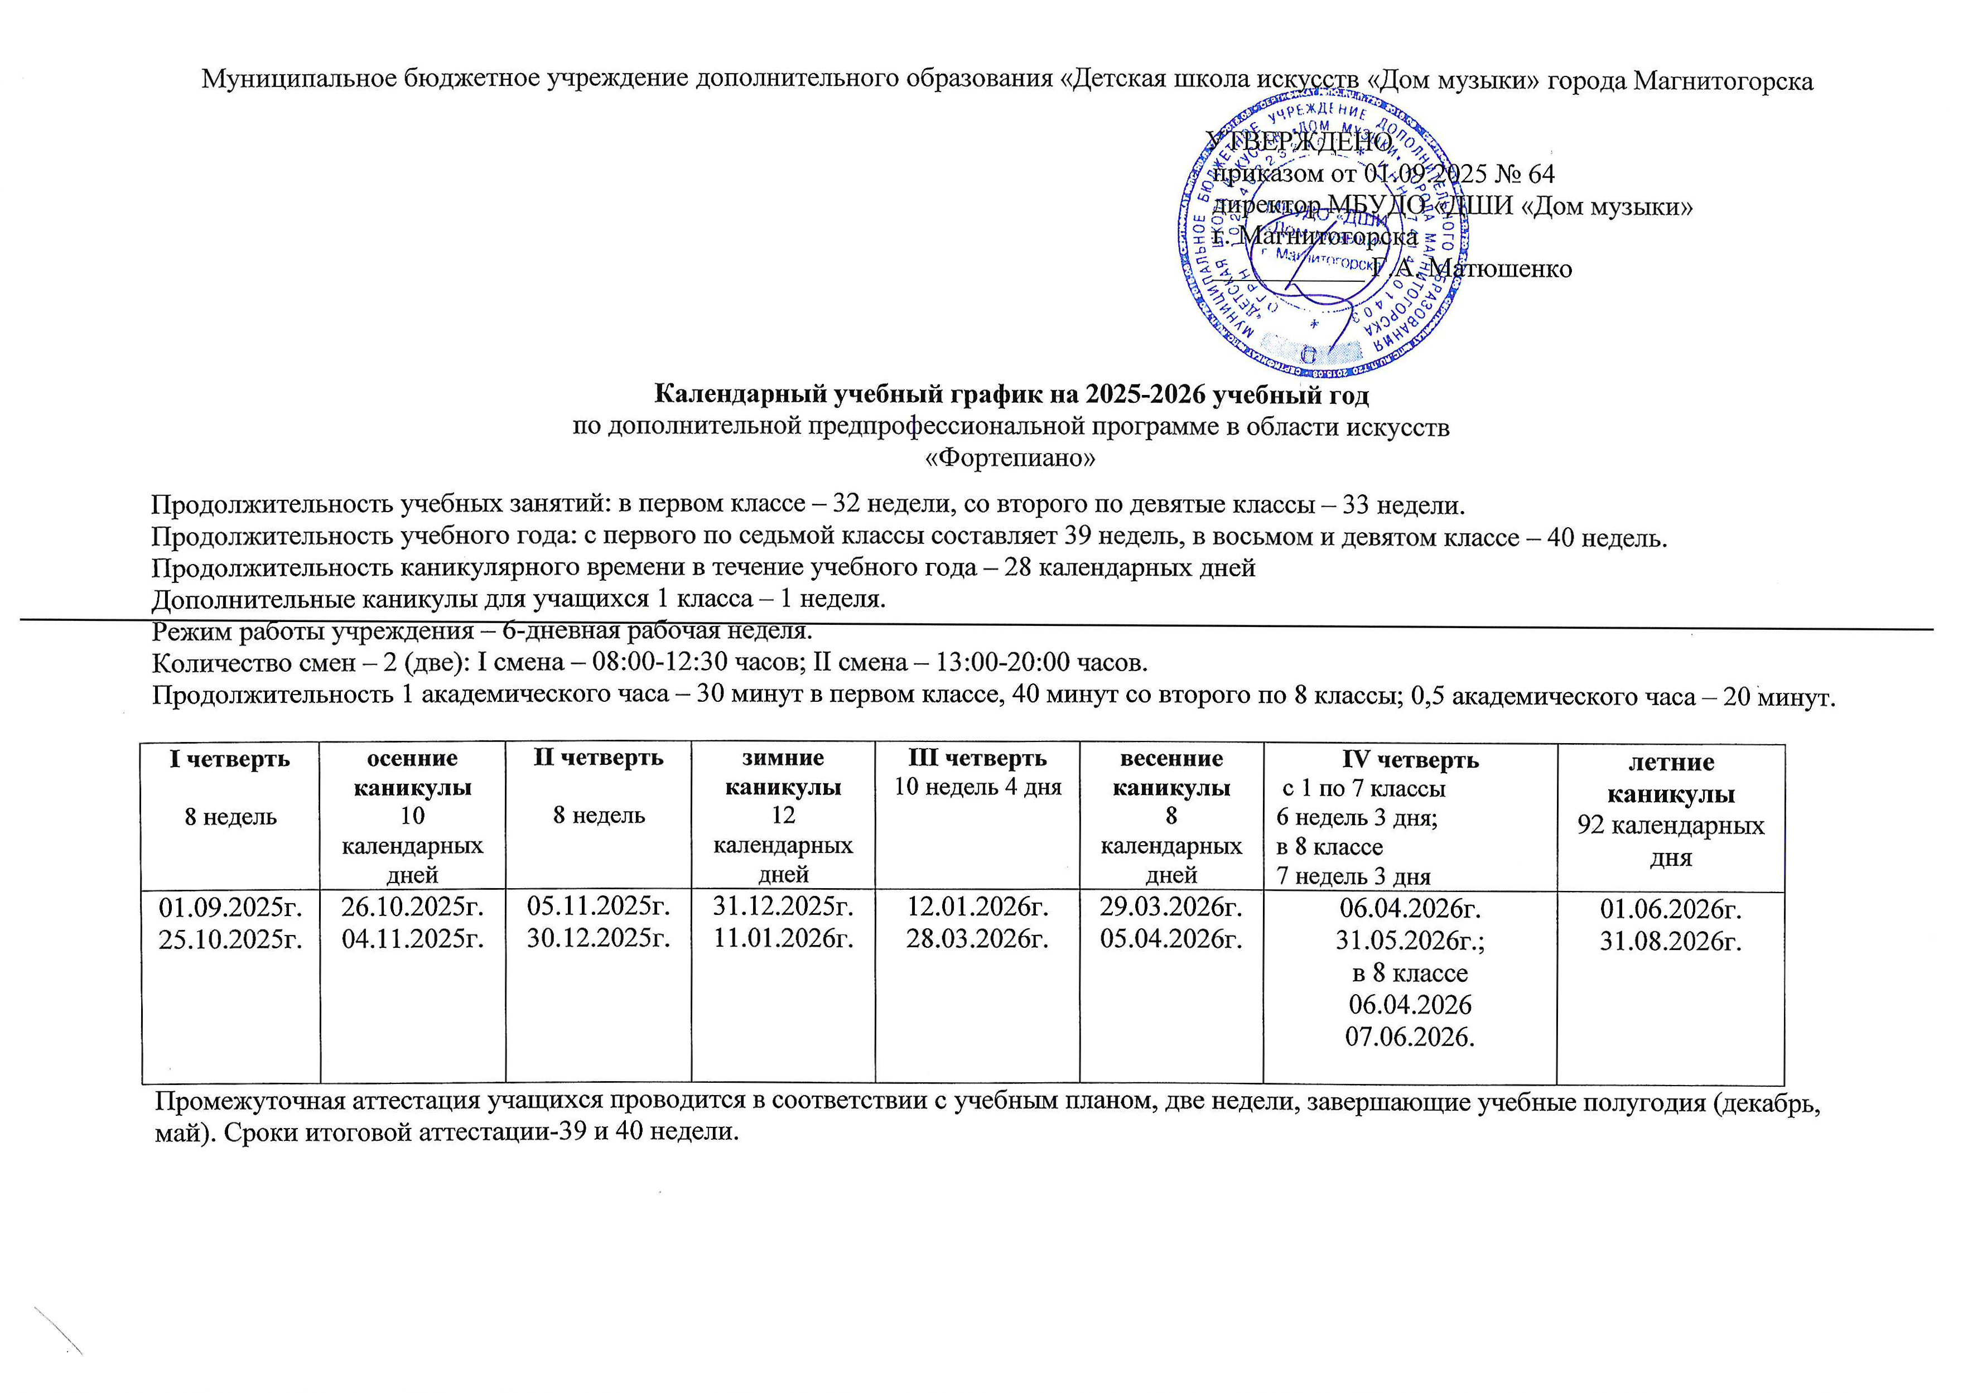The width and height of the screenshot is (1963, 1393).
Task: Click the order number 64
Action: (x=1540, y=174)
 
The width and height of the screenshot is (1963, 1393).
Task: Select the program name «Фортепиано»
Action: (x=1010, y=458)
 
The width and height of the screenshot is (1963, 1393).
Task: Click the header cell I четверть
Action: (x=230, y=760)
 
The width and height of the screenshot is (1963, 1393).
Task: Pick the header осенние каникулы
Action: (x=412, y=773)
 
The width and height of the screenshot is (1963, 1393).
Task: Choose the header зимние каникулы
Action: (x=783, y=772)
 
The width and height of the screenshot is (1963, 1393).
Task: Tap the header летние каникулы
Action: (x=1671, y=778)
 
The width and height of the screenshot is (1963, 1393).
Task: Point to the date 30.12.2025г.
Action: (x=598, y=938)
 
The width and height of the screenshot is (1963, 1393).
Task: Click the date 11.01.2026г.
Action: (x=783, y=938)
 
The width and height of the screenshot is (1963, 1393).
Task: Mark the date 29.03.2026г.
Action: (x=1171, y=906)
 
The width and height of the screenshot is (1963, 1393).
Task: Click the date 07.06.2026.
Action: (x=1410, y=1038)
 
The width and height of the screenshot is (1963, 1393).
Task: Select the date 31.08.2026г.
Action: (x=1671, y=941)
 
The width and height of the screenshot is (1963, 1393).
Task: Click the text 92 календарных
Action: (x=1671, y=826)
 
